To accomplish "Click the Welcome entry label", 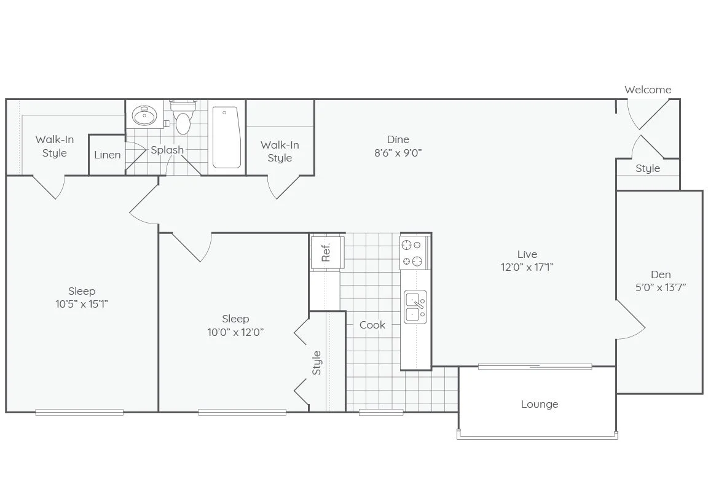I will pyautogui.click(x=648, y=90).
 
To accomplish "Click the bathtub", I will pyautogui.click(x=226, y=137).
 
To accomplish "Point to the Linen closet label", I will pyautogui.click(x=108, y=155).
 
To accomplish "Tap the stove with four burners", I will pyautogui.click(x=414, y=253).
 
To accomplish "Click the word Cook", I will pyautogui.click(x=372, y=325).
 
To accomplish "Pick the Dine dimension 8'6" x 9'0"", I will pyautogui.click(x=398, y=153).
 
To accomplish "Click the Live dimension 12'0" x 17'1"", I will pyautogui.click(x=527, y=267).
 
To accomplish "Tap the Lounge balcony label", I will pyautogui.click(x=540, y=404).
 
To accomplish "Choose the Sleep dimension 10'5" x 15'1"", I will pyautogui.click(x=82, y=304).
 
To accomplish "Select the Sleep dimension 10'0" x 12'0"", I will pyautogui.click(x=235, y=332).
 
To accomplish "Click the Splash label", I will pyautogui.click(x=167, y=150).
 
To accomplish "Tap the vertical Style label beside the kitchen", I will pyautogui.click(x=317, y=362).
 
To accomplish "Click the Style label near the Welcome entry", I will pyautogui.click(x=648, y=168).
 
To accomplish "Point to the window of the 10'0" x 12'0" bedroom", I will pyautogui.click(x=242, y=413).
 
